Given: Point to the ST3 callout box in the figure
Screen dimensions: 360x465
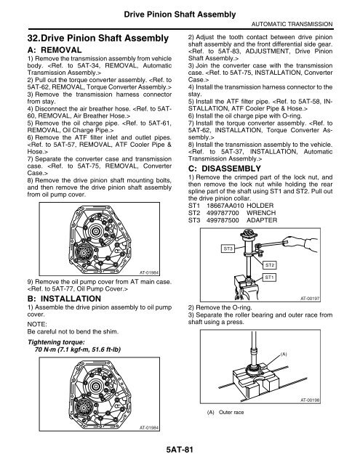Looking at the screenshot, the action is point(228,248).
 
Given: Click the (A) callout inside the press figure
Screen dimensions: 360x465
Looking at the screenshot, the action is point(283,355).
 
